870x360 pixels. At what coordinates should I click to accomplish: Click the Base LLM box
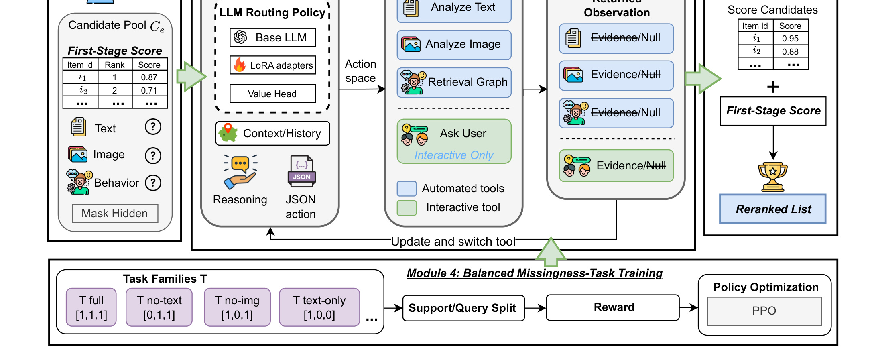(273, 37)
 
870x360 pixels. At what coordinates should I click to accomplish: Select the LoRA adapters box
(273, 65)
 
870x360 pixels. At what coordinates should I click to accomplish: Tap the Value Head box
(273, 94)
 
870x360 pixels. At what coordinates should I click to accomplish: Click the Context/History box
(273, 133)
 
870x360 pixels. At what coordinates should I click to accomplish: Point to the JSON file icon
(302, 171)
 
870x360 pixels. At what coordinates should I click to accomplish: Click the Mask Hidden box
(115, 214)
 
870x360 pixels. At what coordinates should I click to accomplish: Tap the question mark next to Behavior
(153, 183)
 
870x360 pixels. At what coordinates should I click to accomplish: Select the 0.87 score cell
(149, 77)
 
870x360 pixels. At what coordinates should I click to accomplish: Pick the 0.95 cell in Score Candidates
(790, 39)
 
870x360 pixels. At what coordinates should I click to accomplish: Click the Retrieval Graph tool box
(454, 82)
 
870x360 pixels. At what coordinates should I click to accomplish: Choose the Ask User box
(454, 141)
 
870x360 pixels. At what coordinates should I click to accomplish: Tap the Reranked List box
(773, 209)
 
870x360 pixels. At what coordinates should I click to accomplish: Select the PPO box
(764, 311)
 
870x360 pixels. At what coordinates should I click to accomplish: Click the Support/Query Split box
(463, 308)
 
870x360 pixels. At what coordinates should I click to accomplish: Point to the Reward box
(613, 308)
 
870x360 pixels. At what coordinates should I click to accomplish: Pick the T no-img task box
(237, 307)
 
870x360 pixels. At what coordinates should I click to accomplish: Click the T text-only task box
(319, 307)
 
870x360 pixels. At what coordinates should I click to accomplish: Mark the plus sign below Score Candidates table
(773, 87)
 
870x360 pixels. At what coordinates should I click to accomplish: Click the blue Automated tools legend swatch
(407, 189)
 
